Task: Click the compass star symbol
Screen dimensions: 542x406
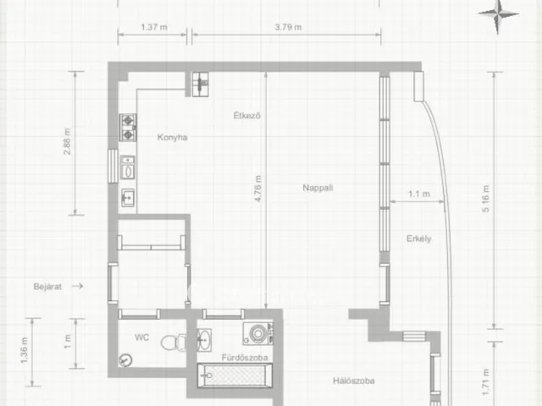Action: pos(498,14)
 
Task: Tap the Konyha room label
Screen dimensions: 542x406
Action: pos(172,137)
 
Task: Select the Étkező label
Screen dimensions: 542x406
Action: pos(246,115)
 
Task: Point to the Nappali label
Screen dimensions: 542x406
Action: pos(318,188)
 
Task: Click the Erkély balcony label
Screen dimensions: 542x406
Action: pos(418,239)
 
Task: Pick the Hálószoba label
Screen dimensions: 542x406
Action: pos(354,381)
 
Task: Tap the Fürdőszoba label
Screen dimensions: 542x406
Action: pos(245,357)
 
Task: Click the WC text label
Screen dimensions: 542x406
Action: pos(141,337)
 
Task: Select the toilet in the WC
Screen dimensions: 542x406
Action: pos(174,343)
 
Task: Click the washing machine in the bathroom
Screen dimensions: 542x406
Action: pos(257,333)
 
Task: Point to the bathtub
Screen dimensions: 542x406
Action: pos(235,376)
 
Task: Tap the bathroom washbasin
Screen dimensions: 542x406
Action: pos(204,340)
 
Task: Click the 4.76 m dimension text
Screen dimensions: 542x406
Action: pos(257,189)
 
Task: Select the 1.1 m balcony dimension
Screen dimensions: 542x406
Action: pos(419,194)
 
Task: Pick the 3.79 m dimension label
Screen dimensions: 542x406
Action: pos(288,27)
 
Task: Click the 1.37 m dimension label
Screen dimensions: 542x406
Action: pos(154,27)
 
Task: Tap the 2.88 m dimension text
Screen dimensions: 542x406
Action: pos(67,141)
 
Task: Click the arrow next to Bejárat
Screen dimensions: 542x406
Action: pos(77,286)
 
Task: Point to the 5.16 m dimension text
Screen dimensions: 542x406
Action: pos(485,199)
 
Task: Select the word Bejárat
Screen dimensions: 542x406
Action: pos(47,287)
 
